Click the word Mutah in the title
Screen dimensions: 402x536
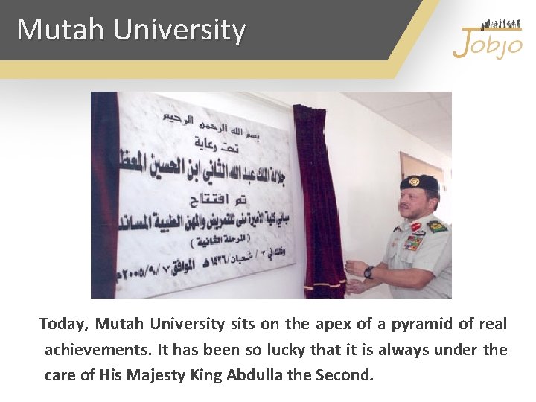(61, 30)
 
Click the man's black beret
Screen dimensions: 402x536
(419, 182)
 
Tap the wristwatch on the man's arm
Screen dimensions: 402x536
(369, 272)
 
